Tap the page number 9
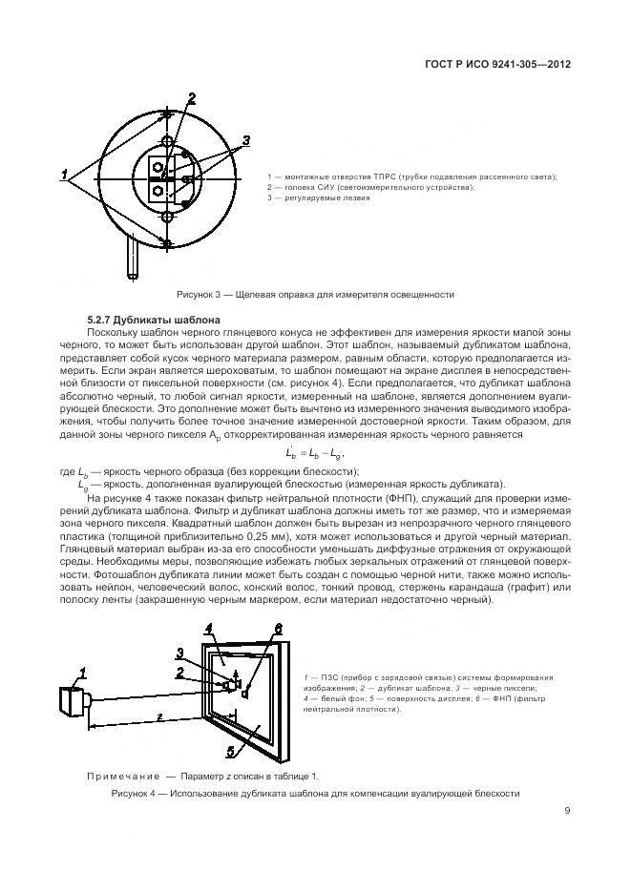click(x=567, y=811)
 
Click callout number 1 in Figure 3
click(x=65, y=175)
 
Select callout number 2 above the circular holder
click(x=191, y=98)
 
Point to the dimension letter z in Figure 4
click(x=158, y=714)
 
